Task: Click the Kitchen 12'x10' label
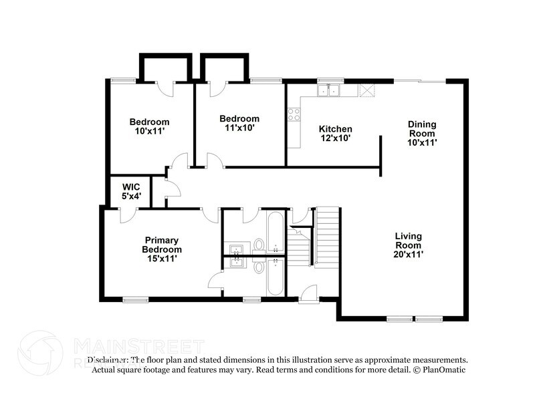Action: pyautogui.click(x=335, y=133)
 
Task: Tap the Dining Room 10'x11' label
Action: pyautogui.click(x=422, y=133)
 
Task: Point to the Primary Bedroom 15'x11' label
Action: pyautogui.click(x=162, y=249)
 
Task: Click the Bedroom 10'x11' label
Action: pyautogui.click(x=149, y=126)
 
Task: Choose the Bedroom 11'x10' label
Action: pyautogui.click(x=239, y=123)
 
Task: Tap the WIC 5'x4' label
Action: pyautogui.click(x=131, y=192)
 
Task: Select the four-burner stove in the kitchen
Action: pyautogui.click(x=294, y=114)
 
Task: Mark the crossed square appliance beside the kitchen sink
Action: pyautogui.click(x=366, y=90)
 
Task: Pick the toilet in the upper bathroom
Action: pyautogui.click(x=258, y=246)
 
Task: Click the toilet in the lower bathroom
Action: pyautogui.click(x=258, y=267)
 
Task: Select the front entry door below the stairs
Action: pyautogui.click(x=308, y=295)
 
